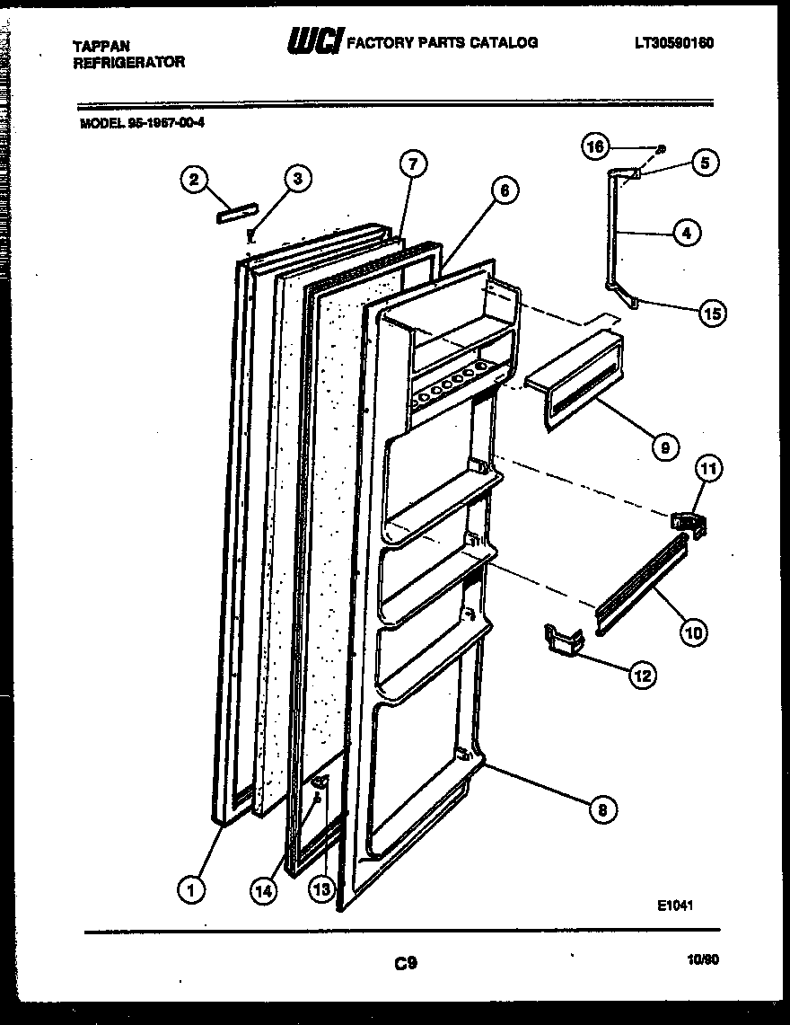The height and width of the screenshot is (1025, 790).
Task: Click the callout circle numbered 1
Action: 189,889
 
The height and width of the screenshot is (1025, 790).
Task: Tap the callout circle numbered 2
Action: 192,180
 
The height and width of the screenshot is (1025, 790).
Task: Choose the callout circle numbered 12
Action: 641,676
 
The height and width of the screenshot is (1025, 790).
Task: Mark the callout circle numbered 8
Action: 603,809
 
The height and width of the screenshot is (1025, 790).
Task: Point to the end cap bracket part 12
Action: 563,641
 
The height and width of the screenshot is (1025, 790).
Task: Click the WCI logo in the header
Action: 314,40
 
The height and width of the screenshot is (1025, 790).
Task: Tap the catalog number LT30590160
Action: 674,41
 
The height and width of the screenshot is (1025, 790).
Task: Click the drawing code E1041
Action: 674,906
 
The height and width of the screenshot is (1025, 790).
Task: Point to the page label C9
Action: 405,964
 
